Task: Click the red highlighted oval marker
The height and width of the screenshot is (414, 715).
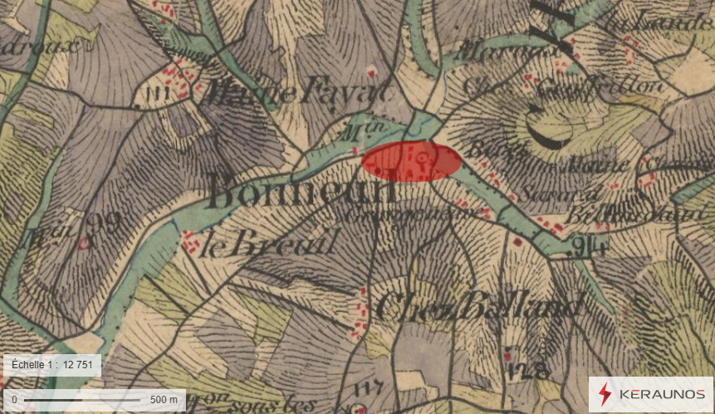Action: tap(412, 161)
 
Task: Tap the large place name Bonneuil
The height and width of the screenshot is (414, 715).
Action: tap(302, 191)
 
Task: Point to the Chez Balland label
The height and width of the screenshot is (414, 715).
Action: tap(477, 307)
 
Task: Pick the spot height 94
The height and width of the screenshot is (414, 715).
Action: tap(590, 246)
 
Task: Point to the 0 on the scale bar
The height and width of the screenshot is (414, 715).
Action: tap(15, 400)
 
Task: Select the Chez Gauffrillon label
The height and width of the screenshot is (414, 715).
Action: tap(565, 86)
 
